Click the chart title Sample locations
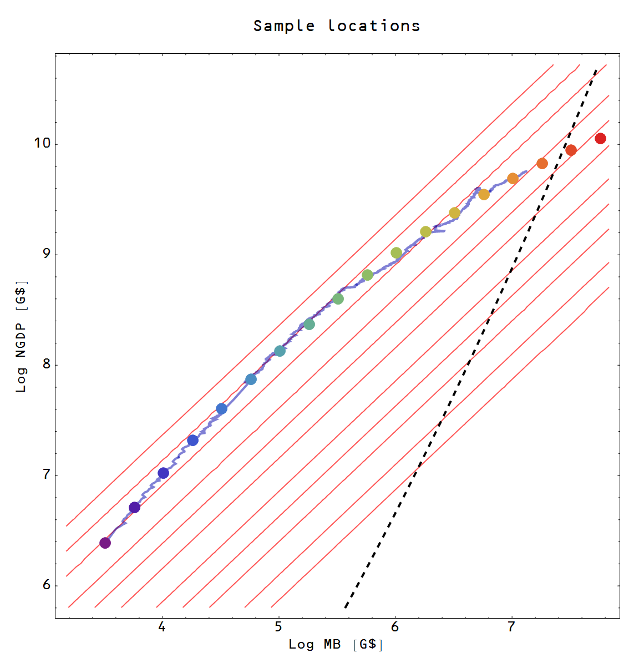click(x=337, y=26)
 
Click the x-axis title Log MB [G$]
click(x=336, y=644)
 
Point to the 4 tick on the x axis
click(x=162, y=627)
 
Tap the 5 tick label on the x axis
click(x=278, y=627)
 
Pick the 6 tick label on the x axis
click(x=395, y=627)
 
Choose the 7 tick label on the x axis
click(x=511, y=627)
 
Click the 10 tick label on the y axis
click(x=42, y=143)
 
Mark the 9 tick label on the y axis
click(x=45, y=254)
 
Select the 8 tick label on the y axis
click(x=45, y=365)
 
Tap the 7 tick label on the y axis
click(x=45, y=475)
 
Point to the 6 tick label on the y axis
click(x=45, y=585)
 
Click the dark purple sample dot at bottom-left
click(x=105, y=543)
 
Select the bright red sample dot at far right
click(x=600, y=138)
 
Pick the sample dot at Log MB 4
click(x=163, y=473)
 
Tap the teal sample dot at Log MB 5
click(x=280, y=351)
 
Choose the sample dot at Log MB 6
click(x=396, y=252)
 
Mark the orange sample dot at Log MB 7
click(x=513, y=178)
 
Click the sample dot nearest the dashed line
click(x=571, y=150)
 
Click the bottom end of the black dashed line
click(x=346, y=608)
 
